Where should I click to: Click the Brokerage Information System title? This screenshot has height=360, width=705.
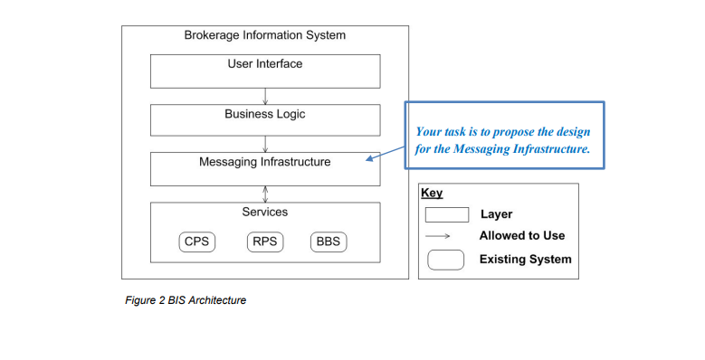(264, 35)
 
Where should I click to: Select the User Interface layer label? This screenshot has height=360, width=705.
(264, 64)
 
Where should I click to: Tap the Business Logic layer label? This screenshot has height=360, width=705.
(264, 115)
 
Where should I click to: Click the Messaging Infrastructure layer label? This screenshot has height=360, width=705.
(264, 163)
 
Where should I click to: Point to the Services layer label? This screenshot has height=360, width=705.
(264, 212)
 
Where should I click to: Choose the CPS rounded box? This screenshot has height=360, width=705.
(196, 242)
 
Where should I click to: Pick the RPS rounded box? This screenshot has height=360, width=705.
(264, 242)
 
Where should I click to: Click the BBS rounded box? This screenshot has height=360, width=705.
(328, 242)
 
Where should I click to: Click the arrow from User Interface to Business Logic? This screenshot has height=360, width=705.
(265, 95)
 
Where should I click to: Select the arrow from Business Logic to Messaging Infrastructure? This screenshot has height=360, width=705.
(265, 143)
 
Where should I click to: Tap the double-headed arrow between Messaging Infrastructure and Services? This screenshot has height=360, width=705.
(265, 194)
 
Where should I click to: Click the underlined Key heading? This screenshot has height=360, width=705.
(432, 193)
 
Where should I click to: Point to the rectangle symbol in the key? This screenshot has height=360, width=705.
(447, 214)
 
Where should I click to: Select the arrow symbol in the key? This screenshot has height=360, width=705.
(447, 236)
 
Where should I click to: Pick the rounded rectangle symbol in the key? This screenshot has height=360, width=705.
(447, 260)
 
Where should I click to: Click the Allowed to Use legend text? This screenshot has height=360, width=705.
(521, 236)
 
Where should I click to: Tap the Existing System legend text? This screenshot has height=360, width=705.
(525, 260)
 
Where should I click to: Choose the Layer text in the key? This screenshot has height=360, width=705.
(496, 214)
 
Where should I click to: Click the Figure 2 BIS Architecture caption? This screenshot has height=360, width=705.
(185, 300)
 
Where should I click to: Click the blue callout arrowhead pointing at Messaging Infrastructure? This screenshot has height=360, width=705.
(370, 160)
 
